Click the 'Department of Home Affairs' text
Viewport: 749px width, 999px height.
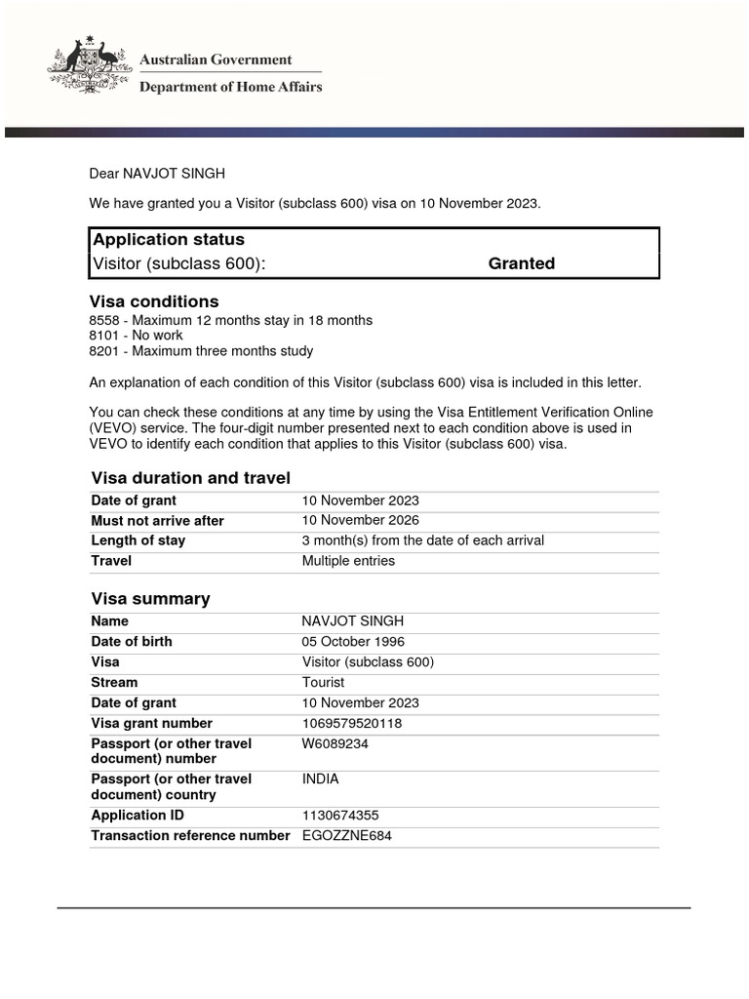click(231, 87)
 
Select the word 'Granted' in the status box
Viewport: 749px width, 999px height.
click(521, 263)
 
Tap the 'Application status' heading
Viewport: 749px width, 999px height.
click(168, 239)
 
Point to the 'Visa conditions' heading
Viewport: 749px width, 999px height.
click(154, 301)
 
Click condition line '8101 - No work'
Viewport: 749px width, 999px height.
click(136, 335)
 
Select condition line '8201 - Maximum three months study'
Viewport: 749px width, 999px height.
click(201, 350)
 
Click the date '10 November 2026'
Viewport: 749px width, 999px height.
click(361, 520)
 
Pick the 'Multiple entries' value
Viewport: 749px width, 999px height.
click(348, 561)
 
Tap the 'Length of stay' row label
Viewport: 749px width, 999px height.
click(138, 540)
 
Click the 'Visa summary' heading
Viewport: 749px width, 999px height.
click(150, 598)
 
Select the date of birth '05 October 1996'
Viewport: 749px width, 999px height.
click(353, 642)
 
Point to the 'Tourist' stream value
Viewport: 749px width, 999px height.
click(323, 682)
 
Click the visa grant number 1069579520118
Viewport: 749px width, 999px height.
click(351, 723)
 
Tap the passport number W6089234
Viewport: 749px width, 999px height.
click(335, 743)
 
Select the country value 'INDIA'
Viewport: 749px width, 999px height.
click(321, 779)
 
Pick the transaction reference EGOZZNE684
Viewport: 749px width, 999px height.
click(346, 835)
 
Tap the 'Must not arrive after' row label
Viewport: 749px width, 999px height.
click(157, 521)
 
